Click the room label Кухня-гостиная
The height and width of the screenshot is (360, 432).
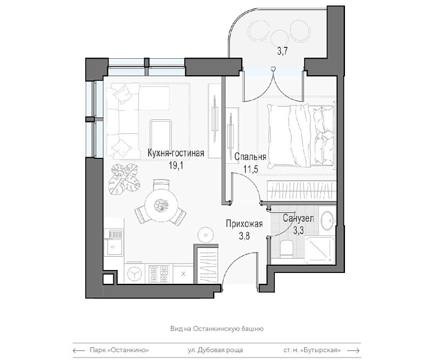[x=176, y=153]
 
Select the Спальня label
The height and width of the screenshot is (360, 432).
[x=250, y=157]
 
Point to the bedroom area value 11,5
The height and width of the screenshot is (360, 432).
[x=250, y=169]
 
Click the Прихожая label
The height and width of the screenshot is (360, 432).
[x=244, y=224]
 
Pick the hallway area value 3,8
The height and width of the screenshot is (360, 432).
[x=244, y=236]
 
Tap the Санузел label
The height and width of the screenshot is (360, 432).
[x=298, y=218]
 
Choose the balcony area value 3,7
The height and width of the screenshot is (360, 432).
[x=283, y=51]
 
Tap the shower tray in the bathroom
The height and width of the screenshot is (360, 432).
[x=320, y=250]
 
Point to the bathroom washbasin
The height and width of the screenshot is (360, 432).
[x=328, y=220]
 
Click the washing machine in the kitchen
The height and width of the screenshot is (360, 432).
[x=134, y=273]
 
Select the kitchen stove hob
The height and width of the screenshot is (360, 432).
[x=158, y=273]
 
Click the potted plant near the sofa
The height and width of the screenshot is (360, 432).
[x=124, y=179]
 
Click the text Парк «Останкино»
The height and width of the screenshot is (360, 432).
[x=119, y=350]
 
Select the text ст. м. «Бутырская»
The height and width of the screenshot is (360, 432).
[x=312, y=350]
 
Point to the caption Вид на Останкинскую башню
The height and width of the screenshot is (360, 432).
[x=217, y=329]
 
